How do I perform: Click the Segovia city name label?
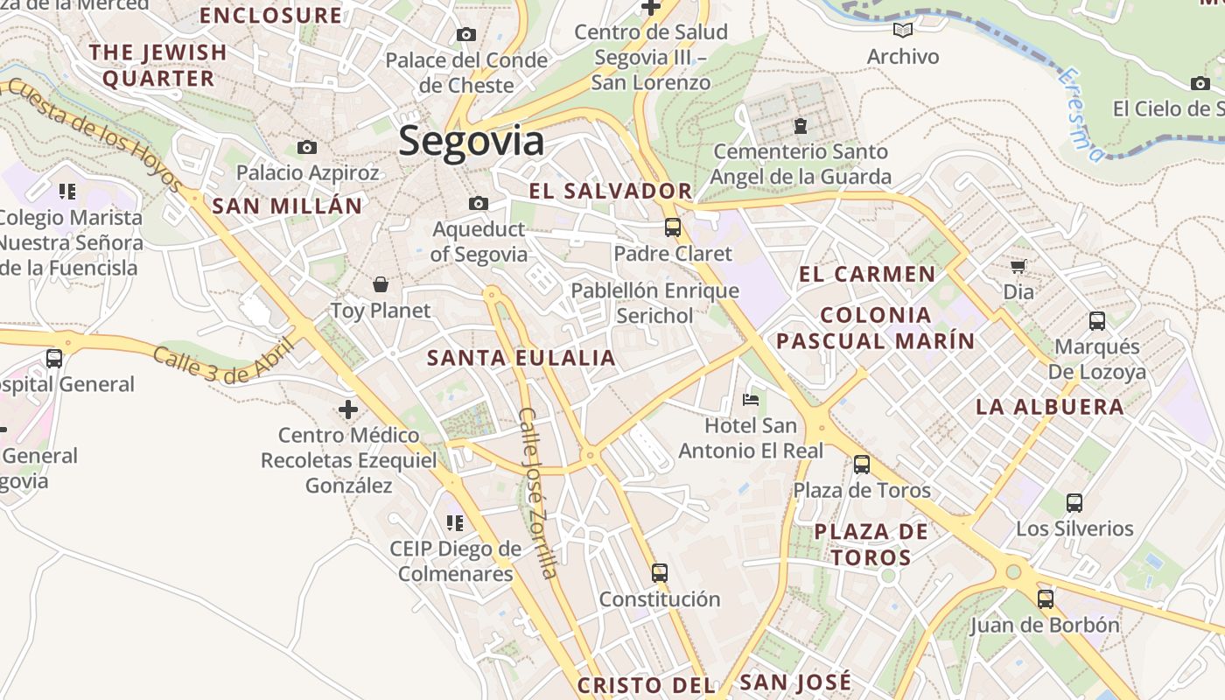(471, 142)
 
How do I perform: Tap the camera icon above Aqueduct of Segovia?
(479, 204)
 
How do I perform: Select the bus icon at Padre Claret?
(672, 227)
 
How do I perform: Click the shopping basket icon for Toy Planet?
(381, 284)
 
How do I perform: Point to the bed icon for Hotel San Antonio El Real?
(751, 400)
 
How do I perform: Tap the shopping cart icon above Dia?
(1018, 266)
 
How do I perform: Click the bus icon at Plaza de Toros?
(862, 464)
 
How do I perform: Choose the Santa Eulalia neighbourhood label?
(521, 358)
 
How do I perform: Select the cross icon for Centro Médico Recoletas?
(348, 409)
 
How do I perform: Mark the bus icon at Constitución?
(660, 573)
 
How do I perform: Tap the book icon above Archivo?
(903, 31)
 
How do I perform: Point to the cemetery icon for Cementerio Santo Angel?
(800, 126)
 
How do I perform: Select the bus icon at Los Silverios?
(1074, 503)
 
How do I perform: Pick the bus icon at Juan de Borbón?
(1045, 599)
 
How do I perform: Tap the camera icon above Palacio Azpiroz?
(306, 147)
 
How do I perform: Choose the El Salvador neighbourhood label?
(611, 192)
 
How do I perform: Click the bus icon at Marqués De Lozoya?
(1097, 321)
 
